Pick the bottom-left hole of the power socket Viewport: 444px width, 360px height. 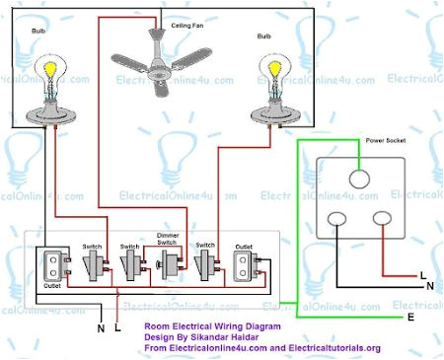339,222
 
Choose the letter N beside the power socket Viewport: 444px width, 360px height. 429,286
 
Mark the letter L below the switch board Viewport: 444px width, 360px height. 118,326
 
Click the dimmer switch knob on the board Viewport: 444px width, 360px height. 167,263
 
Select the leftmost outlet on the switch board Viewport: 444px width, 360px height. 51,263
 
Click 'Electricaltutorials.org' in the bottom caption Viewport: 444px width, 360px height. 333,347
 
